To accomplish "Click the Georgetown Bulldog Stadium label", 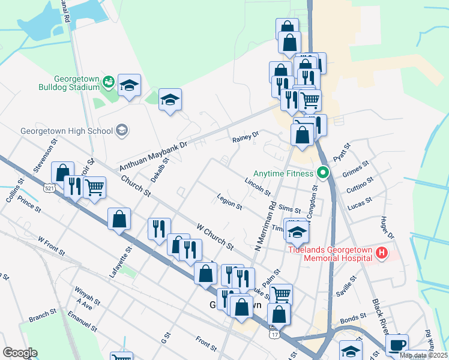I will (x=76, y=83).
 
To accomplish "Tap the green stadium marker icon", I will (x=109, y=82).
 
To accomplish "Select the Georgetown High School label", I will (x=66, y=130).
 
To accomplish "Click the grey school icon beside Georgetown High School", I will (x=122, y=130).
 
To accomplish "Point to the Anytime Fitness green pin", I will (x=323, y=174).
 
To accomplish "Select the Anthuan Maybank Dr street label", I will (x=154, y=155).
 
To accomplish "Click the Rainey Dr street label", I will (x=245, y=138).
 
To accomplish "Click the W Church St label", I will (x=215, y=236).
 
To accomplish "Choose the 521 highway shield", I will (x=47, y=188).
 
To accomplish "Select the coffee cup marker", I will (x=397, y=345).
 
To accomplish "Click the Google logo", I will (x=20, y=353).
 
